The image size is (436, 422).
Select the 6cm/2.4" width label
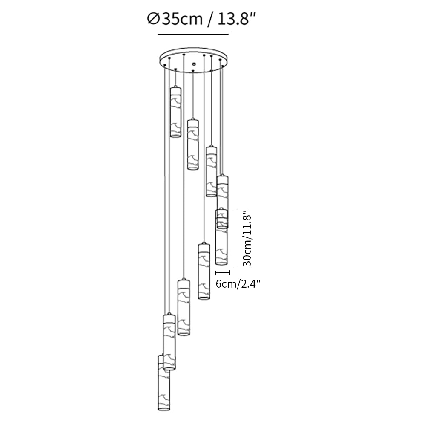(x=238, y=284)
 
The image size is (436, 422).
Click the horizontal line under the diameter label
(x=193, y=34)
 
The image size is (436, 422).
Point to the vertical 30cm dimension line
(x=235, y=237)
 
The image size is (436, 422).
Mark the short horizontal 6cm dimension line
(x=223, y=272)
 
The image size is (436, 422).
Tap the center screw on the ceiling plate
(x=194, y=64)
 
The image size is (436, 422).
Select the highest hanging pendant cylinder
(x=175, y=112)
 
